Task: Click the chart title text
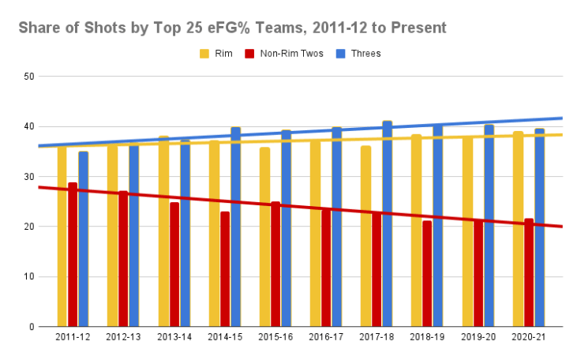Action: [x=232, y=28]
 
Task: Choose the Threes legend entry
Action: [x=358, y=54]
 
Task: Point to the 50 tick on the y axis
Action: [x=30, y=77]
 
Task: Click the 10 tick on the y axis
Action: [x=30, y=276]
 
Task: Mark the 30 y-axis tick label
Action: [x=30, y=177]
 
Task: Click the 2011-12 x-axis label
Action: [x=73, y=337]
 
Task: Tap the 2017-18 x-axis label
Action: [x=376, y=337]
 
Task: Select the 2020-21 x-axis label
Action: [x=528, y=337]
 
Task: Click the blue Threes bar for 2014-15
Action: [x=235, y=229]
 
